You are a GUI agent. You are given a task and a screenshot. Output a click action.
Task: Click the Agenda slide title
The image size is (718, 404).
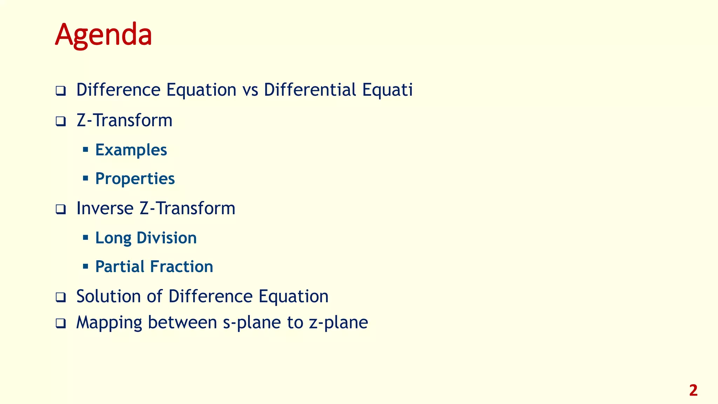click(103, 35)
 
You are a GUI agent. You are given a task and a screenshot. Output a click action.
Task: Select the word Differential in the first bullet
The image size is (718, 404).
click(310, 90)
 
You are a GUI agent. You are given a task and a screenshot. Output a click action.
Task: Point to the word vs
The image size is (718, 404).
click(250, 90)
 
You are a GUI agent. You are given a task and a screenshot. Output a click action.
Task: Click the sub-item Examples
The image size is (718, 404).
click(131, 150)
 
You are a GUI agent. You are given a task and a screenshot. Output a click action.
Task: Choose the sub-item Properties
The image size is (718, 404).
click(135, 179)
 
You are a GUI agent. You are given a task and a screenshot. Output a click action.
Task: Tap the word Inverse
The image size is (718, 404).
click(105, 208)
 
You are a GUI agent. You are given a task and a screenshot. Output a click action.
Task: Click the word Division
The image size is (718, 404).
click(167, 238)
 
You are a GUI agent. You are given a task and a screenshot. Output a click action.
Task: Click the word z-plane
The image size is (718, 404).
click(338, 323)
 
